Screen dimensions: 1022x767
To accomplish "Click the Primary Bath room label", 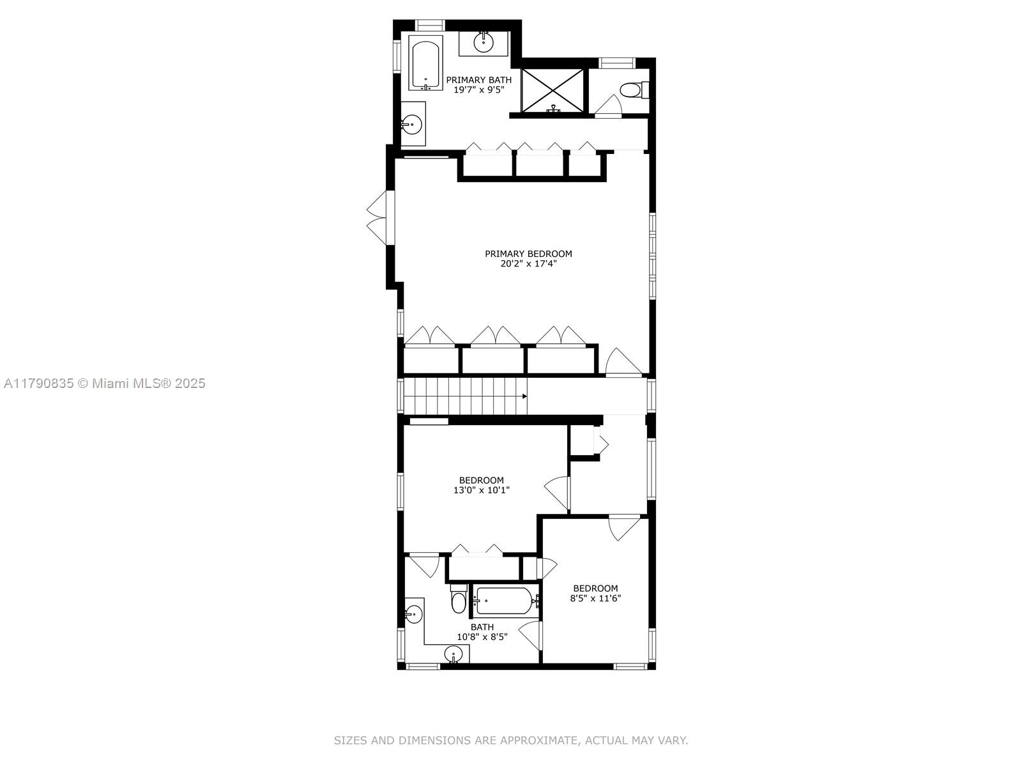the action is click(x=478, y=80).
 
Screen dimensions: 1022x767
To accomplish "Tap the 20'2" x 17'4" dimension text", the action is click(x=528, y=264).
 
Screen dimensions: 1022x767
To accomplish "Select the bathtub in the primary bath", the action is click(x=425, y=63).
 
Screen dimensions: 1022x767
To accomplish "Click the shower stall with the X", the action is click(x=553, y=90).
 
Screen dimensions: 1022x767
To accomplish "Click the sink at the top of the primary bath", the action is click(x=484, y=42).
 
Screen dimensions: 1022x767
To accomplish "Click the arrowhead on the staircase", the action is click(x=525, y=396).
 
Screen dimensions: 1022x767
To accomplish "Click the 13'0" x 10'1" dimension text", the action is click(x=482, y=490).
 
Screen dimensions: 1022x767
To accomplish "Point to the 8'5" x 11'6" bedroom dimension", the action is click(x=595, y=598).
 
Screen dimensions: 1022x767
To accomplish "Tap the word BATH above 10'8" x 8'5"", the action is click(x=482, y=627).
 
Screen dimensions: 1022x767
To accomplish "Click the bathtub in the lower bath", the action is click(x=506, y=601).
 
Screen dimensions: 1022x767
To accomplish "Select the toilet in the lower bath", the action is click(x=459, y=599).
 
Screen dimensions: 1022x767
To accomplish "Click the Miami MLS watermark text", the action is click(x=104, y=383).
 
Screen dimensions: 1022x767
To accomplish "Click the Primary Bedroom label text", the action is click(x=528, y=254).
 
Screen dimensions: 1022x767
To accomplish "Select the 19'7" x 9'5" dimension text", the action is click(x=479, y=90).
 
